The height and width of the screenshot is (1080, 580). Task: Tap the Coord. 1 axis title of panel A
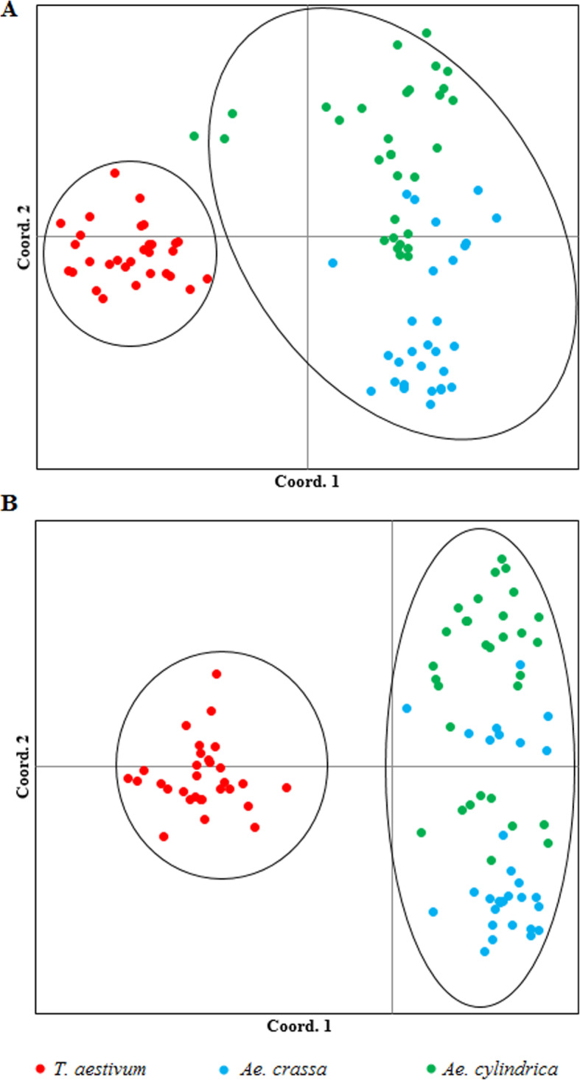307,482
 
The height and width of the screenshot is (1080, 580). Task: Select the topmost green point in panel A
426,32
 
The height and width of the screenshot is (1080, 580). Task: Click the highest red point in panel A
115,173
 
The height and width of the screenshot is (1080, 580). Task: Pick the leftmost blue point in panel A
332,262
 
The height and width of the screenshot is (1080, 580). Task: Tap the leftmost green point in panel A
194,136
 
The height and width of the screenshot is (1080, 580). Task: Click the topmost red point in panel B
217,674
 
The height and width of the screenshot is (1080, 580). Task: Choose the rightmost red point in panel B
286,787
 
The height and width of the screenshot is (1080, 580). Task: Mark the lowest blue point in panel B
484,951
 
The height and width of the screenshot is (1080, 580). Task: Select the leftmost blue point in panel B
406,708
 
